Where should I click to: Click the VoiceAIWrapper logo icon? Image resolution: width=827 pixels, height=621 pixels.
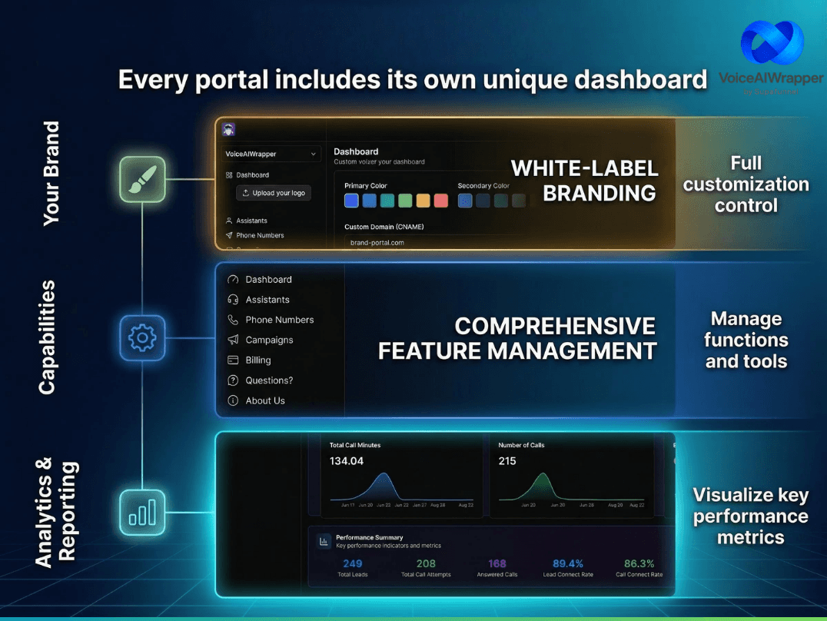(x=772, y=45)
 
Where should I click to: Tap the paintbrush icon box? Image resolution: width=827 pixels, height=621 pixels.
(x=143, y=179)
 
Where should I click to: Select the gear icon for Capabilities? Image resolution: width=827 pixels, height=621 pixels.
(x=143, y=337)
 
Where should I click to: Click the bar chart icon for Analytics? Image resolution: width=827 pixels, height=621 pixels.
(x=143, y=512)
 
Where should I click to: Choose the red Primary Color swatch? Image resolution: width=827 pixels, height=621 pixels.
(x=440, y=201)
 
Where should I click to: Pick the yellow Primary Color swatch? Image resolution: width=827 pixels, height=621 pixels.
(x=423, y=201)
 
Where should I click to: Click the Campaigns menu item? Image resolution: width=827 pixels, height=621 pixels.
(x=269, y=340)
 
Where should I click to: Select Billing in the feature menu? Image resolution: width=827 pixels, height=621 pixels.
(x=258, y=360)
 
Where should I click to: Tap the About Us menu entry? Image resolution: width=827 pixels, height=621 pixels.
(x=265, y=400)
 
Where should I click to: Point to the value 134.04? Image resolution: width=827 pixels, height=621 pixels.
(x=347, y=461)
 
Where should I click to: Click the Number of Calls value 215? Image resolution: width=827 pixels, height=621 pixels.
(x=507, y=461)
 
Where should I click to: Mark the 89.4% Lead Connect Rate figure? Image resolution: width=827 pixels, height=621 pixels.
(x=568, y=563)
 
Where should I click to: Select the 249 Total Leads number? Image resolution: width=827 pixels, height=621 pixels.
(x=352, y=563)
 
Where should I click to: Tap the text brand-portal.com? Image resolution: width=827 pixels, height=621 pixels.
(x=377, y=243)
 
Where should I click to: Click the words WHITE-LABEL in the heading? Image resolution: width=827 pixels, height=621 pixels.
(x=584, y=168)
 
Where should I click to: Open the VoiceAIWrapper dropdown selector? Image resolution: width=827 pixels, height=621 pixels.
(x=271, y=154)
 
